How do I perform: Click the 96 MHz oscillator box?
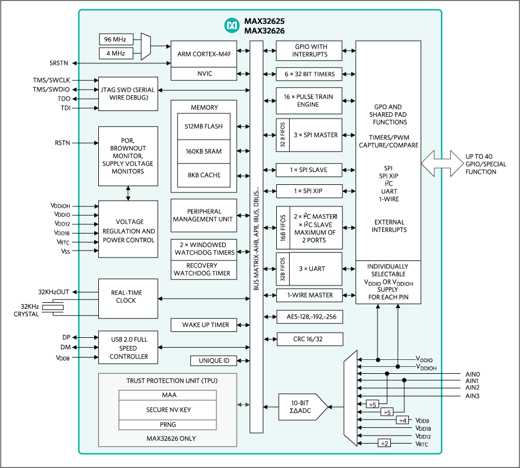115,40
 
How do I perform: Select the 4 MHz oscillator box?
115,54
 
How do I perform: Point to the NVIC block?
204,74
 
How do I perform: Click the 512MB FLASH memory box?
204,127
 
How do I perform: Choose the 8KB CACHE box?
204,175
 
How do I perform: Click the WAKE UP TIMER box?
205,324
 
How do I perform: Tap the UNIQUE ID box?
214,360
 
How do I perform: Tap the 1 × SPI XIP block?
309,191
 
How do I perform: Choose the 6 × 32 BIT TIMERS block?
309,74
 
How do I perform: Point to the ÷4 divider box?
403,420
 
